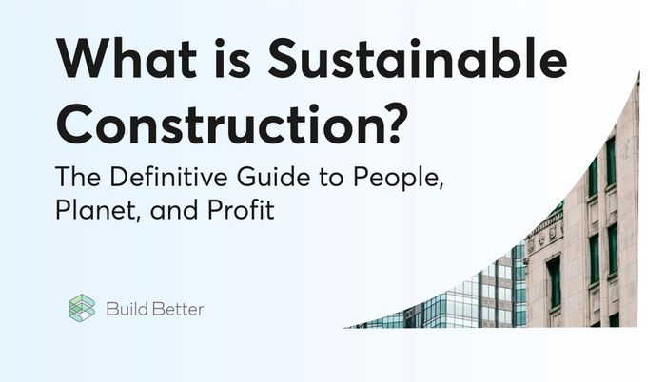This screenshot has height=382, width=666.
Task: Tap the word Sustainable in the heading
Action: pyautogui.click(x=418, y=60)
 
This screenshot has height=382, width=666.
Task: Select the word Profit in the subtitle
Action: pyautogui.click(x=241, y=209)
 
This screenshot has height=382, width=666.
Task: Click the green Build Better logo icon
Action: pyautogui.click(x=82, y=308)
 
